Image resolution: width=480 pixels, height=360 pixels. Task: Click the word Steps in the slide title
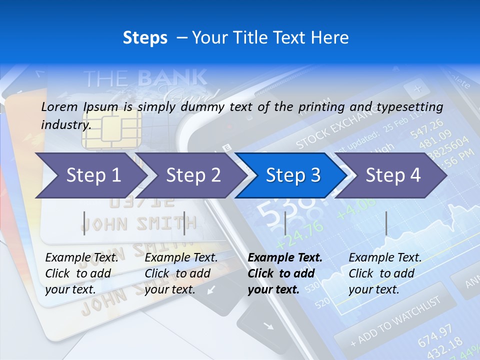(145, 38)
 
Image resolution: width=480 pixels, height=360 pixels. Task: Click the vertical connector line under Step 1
(84, 223)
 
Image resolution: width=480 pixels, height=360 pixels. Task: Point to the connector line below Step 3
(285, 223)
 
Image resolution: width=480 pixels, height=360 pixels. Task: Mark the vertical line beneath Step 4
(386, 223)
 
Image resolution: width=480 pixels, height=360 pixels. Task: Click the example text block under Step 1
(81, 273)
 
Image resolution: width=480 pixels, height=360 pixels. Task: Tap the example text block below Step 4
(385, 273)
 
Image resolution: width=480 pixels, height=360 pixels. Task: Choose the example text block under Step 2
(181, 273)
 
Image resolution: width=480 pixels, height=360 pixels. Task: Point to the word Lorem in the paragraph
(59, 106)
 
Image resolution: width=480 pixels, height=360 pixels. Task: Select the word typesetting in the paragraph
(414, 106)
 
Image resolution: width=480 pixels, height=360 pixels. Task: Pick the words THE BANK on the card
(145, 78)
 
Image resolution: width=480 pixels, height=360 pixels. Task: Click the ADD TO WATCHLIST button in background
(395, 320)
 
